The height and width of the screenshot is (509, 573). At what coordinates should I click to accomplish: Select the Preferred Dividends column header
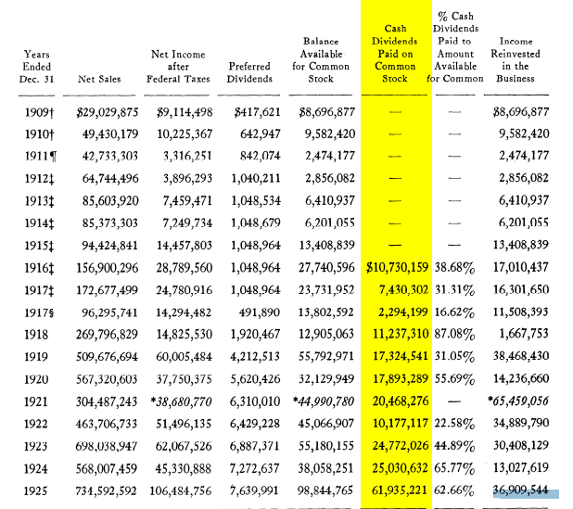click(x=249, y=72)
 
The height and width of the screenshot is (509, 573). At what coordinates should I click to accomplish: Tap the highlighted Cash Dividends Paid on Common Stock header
click(x=395, y=54)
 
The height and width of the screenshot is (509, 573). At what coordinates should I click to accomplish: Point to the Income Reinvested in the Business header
click(x=516, y=60)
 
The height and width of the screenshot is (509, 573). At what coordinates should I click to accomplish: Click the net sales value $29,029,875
click(x=108, y=112)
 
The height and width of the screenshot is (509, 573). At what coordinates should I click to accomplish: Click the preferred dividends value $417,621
click(x=249, y=112)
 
